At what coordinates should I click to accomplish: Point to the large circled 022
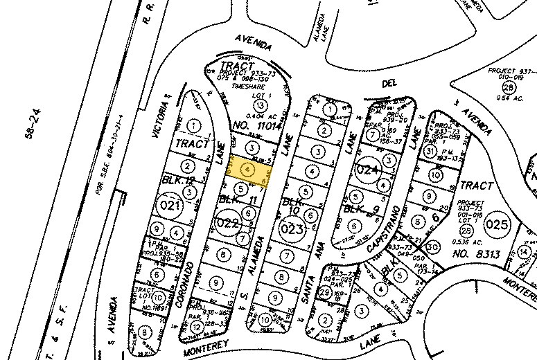coord(228,223)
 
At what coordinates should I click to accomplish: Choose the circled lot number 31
coord(430,152)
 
